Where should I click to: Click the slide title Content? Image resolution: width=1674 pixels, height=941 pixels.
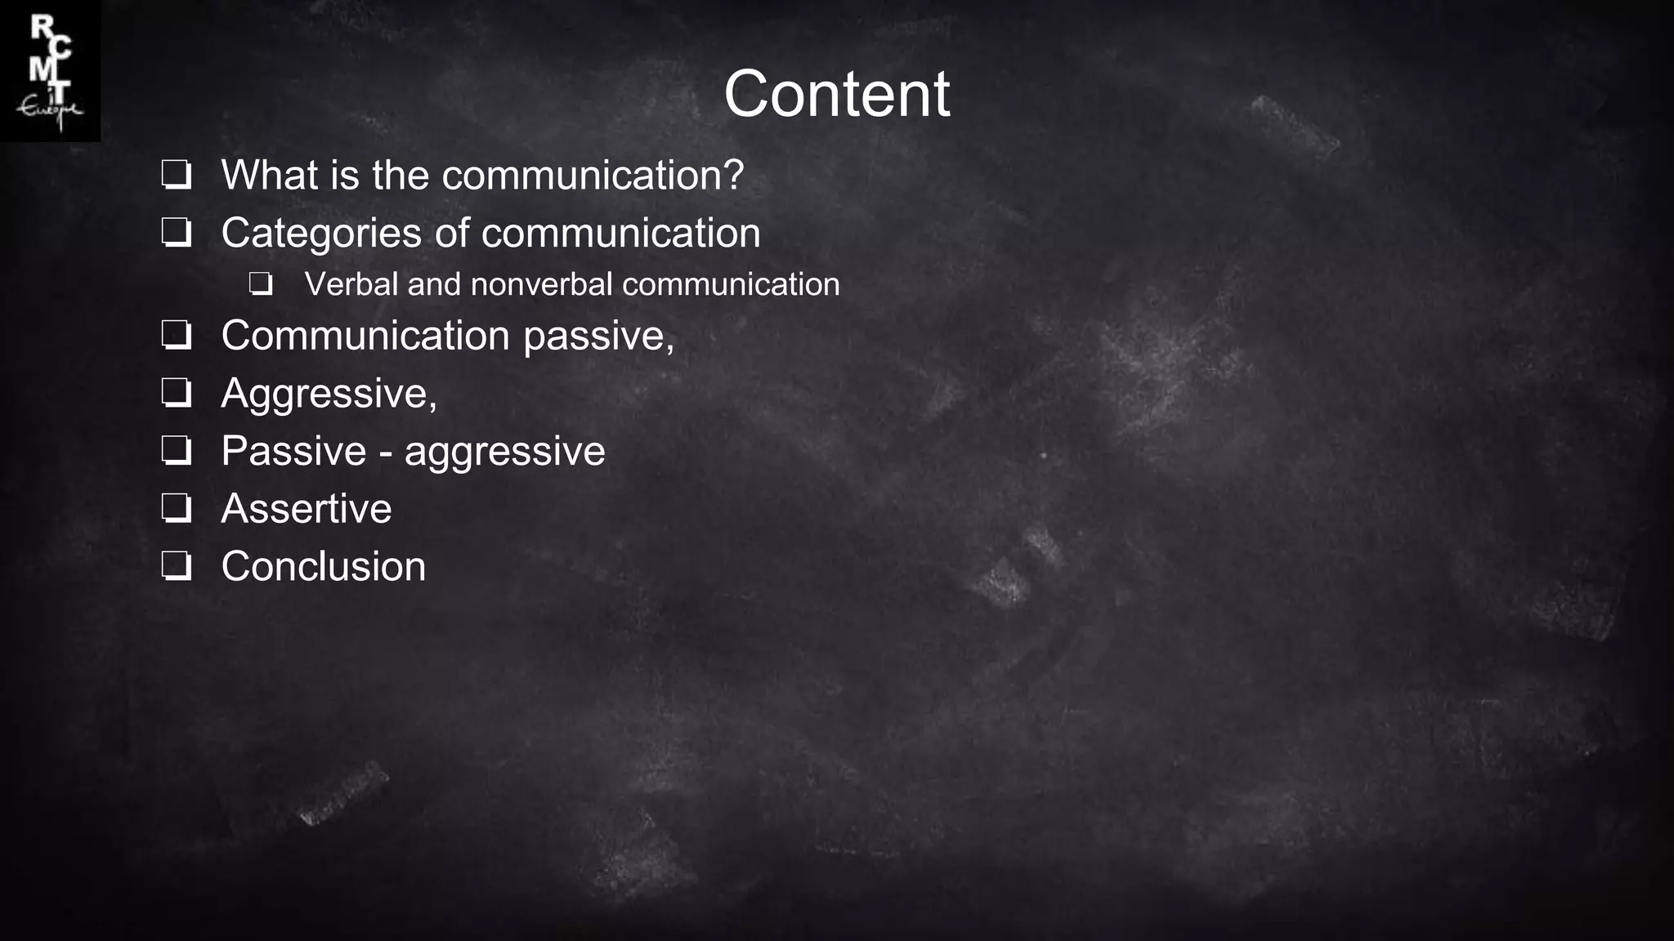pyautogui.click(x=836, y=94)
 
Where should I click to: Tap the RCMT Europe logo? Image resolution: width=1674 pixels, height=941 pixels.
pyautogui.click(x=50, y=71)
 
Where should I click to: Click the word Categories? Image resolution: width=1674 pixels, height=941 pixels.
pyautogui.click(x=321, y=234)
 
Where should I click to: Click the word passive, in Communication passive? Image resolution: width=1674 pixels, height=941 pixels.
pyautogui.click(x=598, y=337)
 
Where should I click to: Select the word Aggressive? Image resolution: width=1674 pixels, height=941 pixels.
pyautogui.click(x=329, y=395)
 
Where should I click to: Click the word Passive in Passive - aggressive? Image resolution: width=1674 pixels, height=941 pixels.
pyautogui.click(x=293, y=451)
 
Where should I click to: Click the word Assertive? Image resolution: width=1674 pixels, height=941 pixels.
pyautogui.click(x=307, y=509)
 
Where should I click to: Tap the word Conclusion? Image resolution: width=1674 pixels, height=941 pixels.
pyautogui.click(x=324, y=567)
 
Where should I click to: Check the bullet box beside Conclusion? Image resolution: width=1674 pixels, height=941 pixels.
pyautogui.click(x=177, y=566)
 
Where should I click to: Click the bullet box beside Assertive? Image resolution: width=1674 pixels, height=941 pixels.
pyautogui.click(x=177, y=508)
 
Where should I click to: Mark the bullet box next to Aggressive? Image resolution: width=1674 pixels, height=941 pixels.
pyautogui.click(x=177, y=393)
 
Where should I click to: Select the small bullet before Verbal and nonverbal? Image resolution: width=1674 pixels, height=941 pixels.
pyautogui.click(x=261, y=284)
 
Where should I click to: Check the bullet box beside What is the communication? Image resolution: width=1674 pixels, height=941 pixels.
pyautogui.click(x=177, y=175)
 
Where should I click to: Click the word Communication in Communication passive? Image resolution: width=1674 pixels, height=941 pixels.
pyautogui.click(x=365, y=336)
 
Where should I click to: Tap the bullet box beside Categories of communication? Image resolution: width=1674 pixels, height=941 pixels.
pyautogui.click(x=177, y=233)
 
